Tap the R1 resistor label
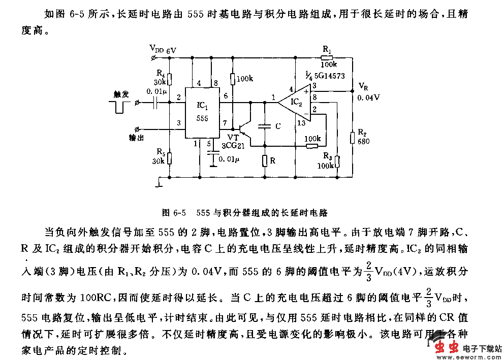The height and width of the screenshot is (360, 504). pyautogui.click(x=327, y=49)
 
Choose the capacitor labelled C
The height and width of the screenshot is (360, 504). pyautogui.click(x=264, y=126)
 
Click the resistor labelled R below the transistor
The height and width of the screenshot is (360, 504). pyautogui.click(x=265, y=161)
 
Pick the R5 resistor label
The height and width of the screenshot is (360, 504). pyautogui.click(x=160, y=152)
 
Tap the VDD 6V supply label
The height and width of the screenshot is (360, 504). pyautogui.click(x=163, y=49)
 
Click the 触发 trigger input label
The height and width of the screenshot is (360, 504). pyautogui.click(x=122, y=94)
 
